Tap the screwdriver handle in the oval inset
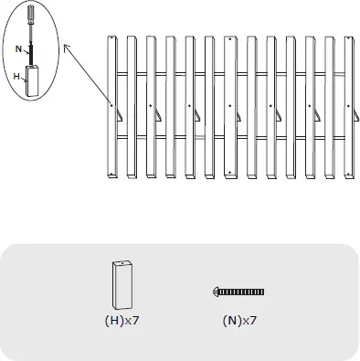pyautogui.click(x=32, y=14)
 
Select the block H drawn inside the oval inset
pyautogui.click(x=32, y=82)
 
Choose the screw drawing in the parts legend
pyautogui.click(x=238, y=292)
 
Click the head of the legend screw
pyautogui.click(x=216, y=292)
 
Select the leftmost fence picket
pyautogui.click(x=111, y=106)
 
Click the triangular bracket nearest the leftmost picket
pyautogui.click(x=117, y=113)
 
